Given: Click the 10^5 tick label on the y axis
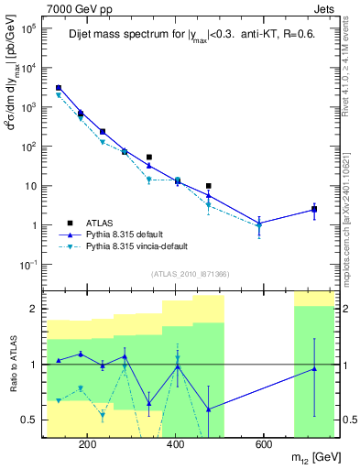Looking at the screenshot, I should pyautogui.click(x=29, y=28).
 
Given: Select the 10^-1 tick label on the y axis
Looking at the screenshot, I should pyautogui.click(x=29, y=265).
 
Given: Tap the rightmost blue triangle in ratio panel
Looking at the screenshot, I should pyautogui.click(x=314, y=368).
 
